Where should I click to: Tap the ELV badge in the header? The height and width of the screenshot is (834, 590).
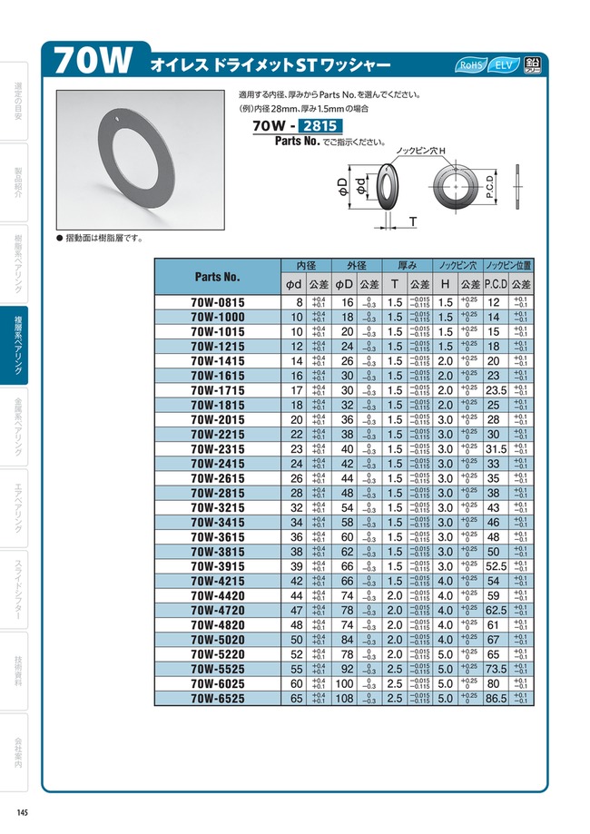[x=505, y=65]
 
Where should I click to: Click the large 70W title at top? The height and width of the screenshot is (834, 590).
[x=94, y=63]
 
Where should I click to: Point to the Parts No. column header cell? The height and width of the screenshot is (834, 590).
[x=217, y=276]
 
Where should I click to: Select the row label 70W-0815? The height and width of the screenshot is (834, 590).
[x=217, y=302]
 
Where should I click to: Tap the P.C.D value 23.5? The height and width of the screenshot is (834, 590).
[x=496, y=390]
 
